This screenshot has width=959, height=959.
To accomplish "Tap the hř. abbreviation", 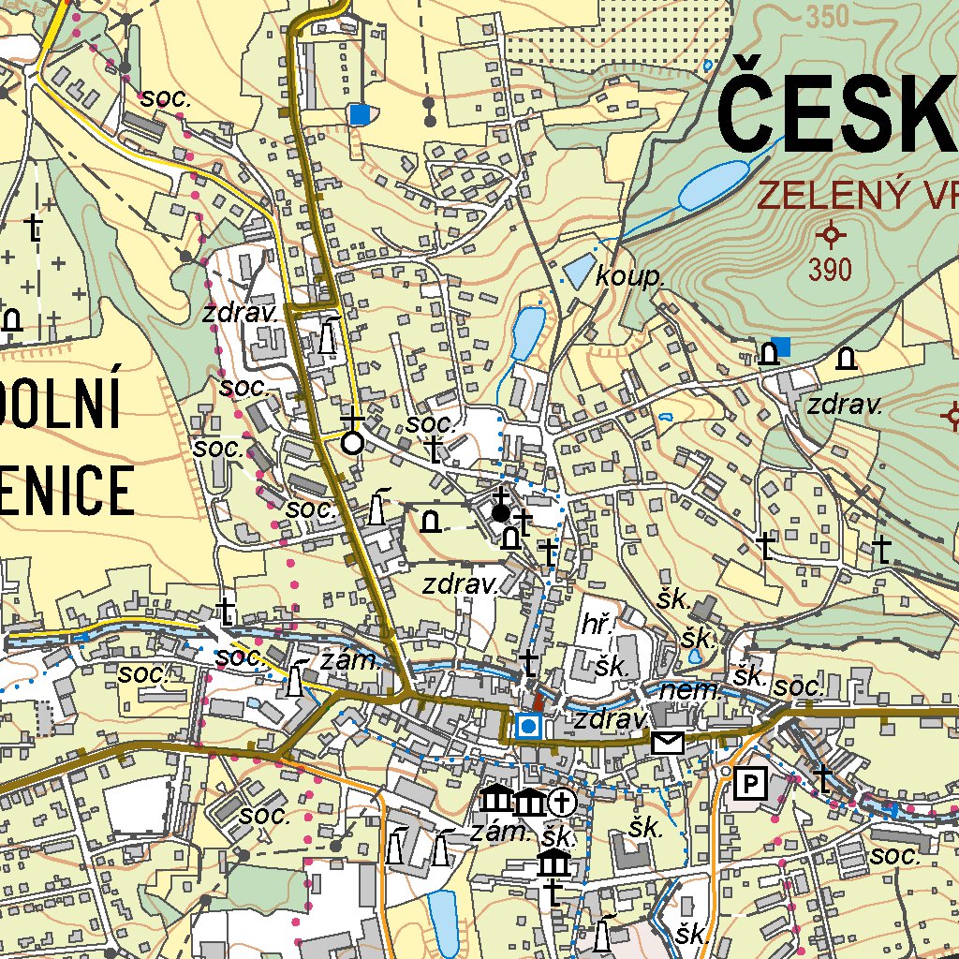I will [x=597, y=626].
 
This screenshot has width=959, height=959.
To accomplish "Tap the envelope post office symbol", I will [x=668, y=744].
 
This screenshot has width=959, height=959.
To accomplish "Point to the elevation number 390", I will [x=831, y=270].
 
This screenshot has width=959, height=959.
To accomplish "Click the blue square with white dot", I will [x=529, y=726].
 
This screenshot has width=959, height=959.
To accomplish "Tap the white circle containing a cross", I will [x=561, y=802].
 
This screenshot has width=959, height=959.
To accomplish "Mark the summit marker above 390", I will [x=831, y=233].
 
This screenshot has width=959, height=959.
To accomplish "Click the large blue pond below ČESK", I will [x=714, y=184].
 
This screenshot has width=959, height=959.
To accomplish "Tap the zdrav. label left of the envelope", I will [x=612, y=719].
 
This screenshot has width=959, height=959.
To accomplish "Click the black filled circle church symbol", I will [x=501, y=512].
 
